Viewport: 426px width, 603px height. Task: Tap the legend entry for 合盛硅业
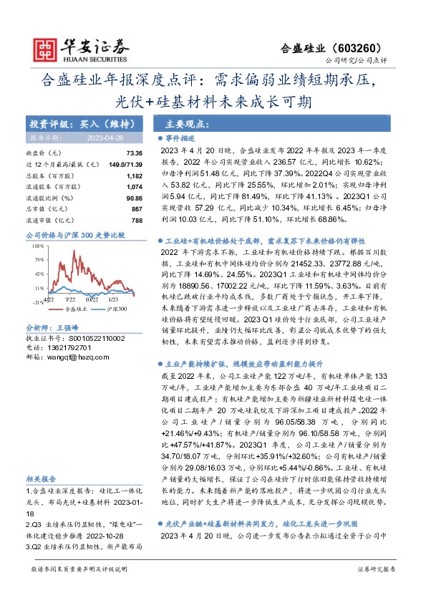pyautogui.click(x=74, y=308)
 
